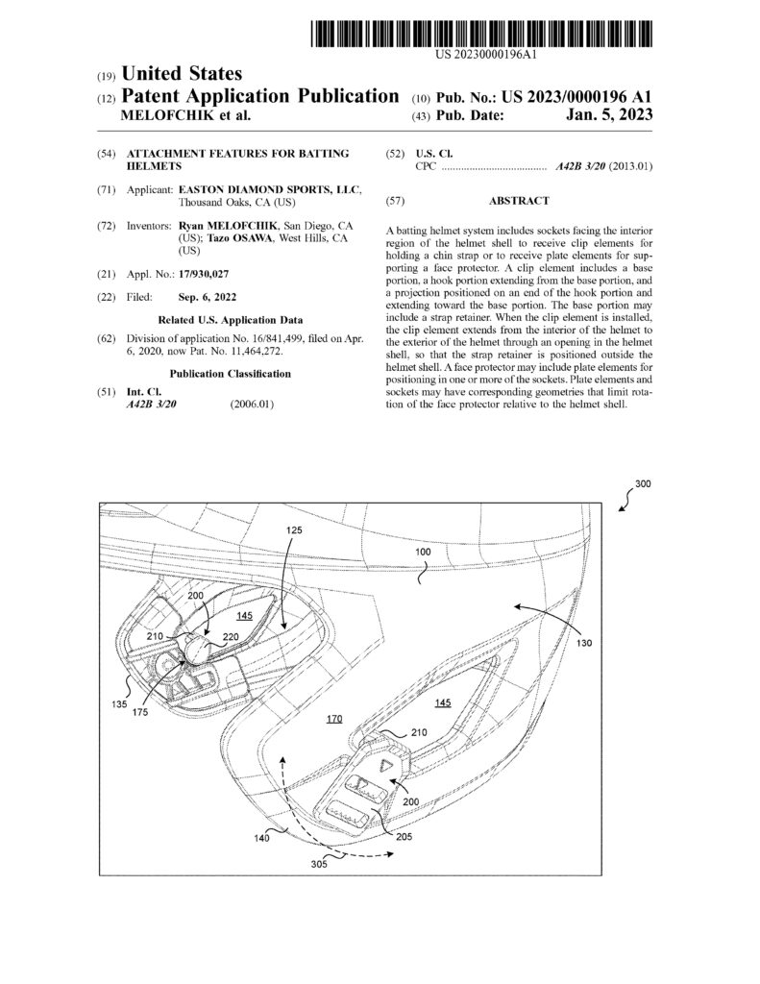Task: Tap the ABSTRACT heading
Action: point(519,201)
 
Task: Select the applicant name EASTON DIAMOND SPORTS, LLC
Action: point(265,190)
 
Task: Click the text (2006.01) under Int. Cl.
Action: point(253,405)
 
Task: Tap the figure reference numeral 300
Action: point(643,485)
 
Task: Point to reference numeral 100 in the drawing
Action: point(422,553)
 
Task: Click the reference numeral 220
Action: point(231,636)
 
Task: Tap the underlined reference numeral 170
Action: point(334,717)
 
